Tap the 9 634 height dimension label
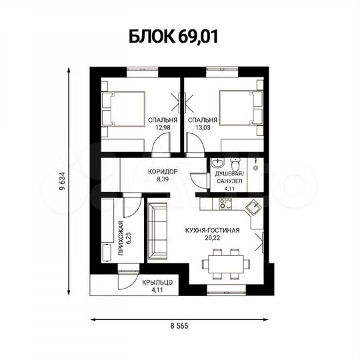(62, 181)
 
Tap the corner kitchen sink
(252, 209)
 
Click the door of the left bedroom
(160, 144)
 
